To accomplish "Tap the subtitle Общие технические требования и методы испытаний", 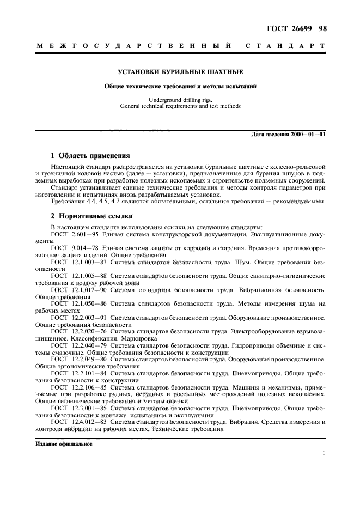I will [x=181, y=86].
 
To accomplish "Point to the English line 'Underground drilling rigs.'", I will [x=180, y=100].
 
